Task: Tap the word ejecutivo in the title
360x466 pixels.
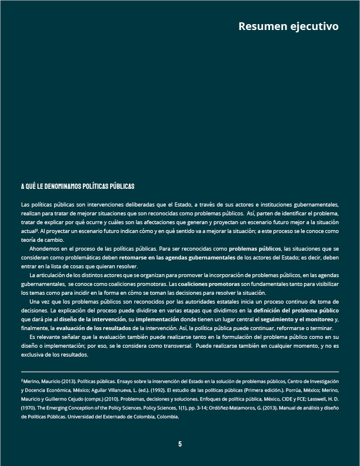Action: [314, 26]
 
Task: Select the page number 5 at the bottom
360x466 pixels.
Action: [180, 444]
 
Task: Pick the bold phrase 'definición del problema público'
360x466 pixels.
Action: [296, 309]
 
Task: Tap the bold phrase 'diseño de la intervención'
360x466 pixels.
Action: [92, 319]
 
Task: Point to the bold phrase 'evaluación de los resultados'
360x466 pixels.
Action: [93, 328]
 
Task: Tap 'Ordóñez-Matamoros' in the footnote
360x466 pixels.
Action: [227, 408]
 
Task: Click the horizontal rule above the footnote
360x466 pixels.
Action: [180, 372]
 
